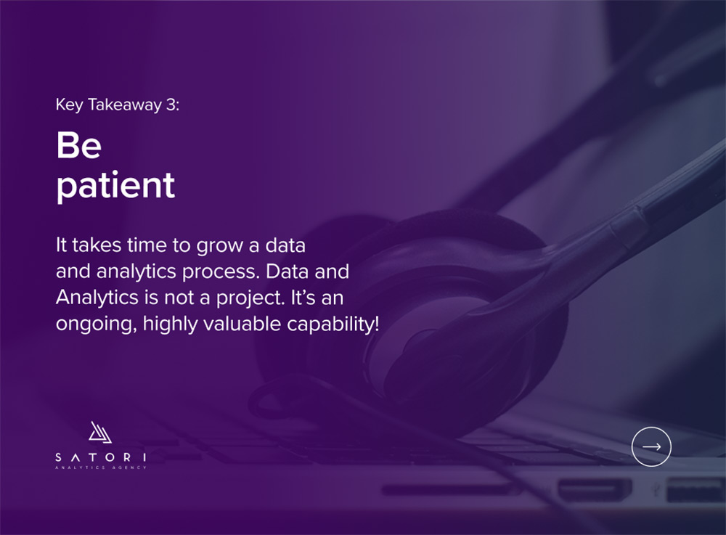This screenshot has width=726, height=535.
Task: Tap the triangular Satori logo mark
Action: (x=100, y=432)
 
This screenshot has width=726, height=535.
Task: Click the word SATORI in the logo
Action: (x=100, y=457)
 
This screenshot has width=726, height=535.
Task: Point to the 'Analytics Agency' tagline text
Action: (x=100, y=467)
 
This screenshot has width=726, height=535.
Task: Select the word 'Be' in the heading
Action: (x=78, y=145)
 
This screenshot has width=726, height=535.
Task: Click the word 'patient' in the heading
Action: (x=115, y=185)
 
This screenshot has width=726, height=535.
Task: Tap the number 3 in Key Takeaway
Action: (x=171, y=105)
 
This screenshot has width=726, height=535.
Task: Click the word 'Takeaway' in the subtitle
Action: (x=125, y=105)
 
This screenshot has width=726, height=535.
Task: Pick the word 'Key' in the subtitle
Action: (x=70, y=105)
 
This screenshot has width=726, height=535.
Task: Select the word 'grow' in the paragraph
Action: (x=220, y=246)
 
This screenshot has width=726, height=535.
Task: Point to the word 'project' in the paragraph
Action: (x=250, y=298)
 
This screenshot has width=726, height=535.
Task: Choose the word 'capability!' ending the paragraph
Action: (x=333, y=324)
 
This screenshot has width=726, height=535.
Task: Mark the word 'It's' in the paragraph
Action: (x=303, y=298)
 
